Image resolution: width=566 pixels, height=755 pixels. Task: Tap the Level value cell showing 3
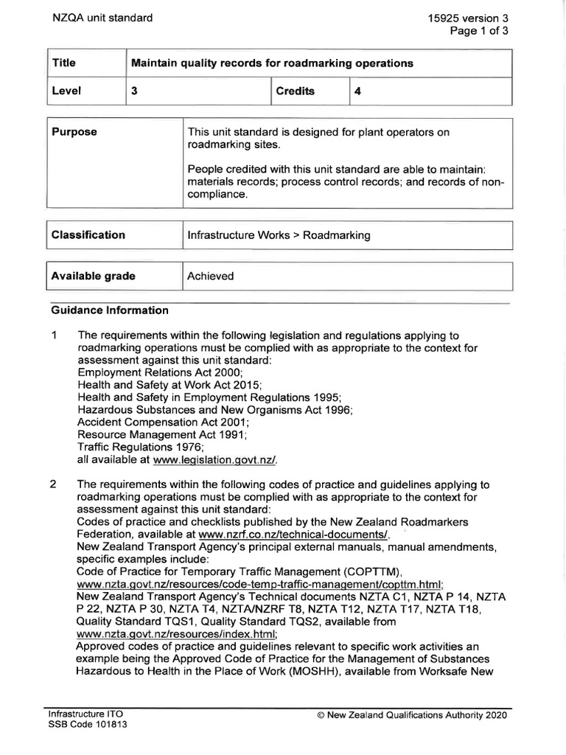135,91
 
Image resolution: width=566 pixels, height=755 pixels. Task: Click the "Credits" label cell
295,91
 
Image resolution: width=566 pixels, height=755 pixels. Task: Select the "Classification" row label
88,235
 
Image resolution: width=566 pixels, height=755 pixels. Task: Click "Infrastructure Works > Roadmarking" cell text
279,235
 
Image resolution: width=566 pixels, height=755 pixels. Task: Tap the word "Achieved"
211,276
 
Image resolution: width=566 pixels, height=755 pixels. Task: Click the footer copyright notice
411,715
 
